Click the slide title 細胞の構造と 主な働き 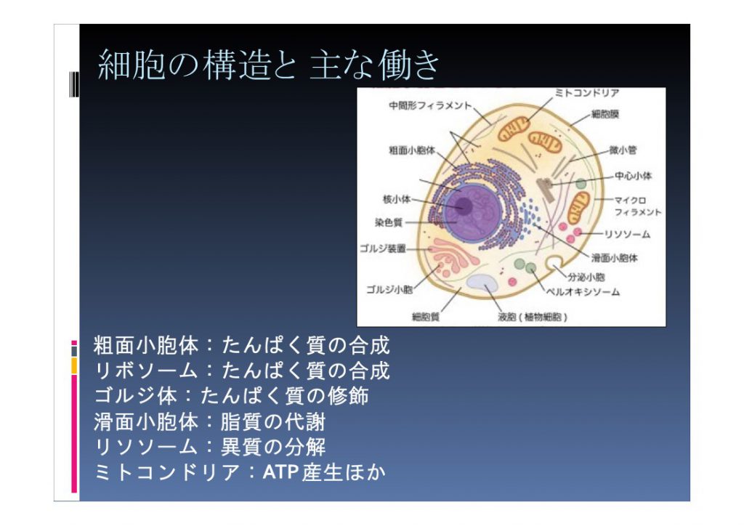coord(269,65)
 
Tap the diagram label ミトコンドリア coord(587,93)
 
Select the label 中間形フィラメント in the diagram coord(430,105)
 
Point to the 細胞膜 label coord(605,114)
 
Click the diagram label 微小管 coord(623,150)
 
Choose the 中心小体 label coord(634,176)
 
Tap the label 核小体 coord(397,199)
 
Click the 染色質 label coord(389,222)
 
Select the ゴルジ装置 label coord(383,248)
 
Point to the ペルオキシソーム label coord(583,291)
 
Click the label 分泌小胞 coord(586,277)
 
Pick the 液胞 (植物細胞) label coord(533,317)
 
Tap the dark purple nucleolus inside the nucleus coord(463,206)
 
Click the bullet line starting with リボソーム coord(242,371)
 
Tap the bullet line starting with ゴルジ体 coord(231,396)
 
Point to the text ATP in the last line coord(280,472)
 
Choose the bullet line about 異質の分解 coord(210,447)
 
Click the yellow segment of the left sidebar coord(75,365)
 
